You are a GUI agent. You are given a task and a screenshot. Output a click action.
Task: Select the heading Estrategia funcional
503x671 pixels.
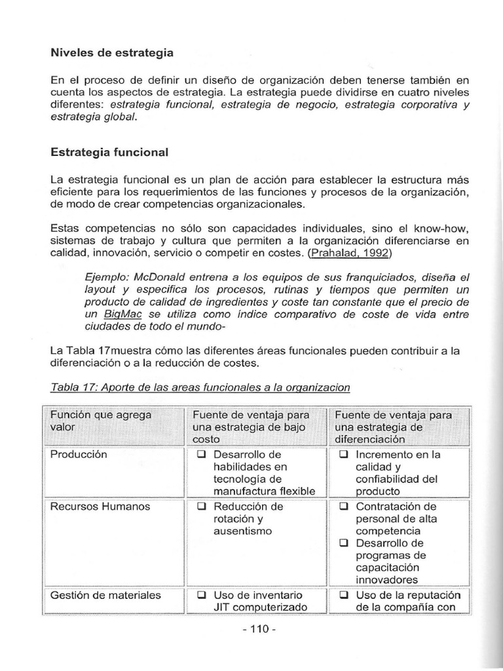coord(109,152)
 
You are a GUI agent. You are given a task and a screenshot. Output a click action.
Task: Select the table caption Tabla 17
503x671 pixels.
coord(200,387)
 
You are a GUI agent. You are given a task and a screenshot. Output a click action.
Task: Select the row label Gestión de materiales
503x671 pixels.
coord(105,595)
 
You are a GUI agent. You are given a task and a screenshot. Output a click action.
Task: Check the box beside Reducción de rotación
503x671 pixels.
coord(202,507)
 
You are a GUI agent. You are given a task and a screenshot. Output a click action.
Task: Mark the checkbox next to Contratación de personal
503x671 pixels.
coord(344,507)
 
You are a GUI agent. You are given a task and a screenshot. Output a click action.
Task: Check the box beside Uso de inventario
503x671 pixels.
coord(202,596)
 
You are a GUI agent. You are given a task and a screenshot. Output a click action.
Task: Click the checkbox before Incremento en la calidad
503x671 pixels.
coord(344,455)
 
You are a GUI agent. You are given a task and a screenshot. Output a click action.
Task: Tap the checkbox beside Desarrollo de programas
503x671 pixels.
coord(344,544)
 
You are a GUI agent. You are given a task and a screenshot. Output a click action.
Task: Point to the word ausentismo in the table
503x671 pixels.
coord(242,531)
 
